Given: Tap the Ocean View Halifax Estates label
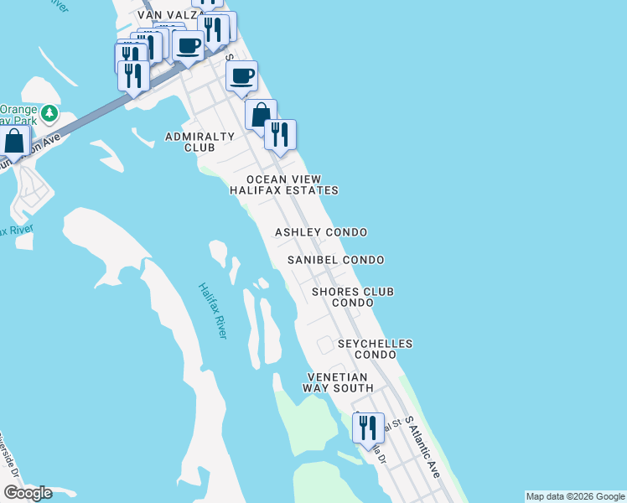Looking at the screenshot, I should coord(284,184).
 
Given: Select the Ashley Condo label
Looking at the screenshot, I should coord(322,232).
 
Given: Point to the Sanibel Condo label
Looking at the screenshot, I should coord(335,260).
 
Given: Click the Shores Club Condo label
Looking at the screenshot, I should coord(353,297).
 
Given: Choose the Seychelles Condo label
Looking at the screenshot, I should coord(375,349).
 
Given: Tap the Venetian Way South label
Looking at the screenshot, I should coord(339,382).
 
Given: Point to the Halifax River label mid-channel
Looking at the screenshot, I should coord(213,310).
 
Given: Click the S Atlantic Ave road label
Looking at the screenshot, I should coord(422,447).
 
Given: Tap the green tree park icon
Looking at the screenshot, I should coord(50,112).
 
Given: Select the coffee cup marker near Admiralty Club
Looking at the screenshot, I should coord(241,77).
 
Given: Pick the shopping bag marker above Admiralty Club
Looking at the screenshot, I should coord(261,116).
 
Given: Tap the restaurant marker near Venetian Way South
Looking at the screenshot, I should coord(368,428).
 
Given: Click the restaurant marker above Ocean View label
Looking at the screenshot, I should coord(280,135).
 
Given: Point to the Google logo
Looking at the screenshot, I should coord(28,493).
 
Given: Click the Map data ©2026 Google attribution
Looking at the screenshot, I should coord(575,496).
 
